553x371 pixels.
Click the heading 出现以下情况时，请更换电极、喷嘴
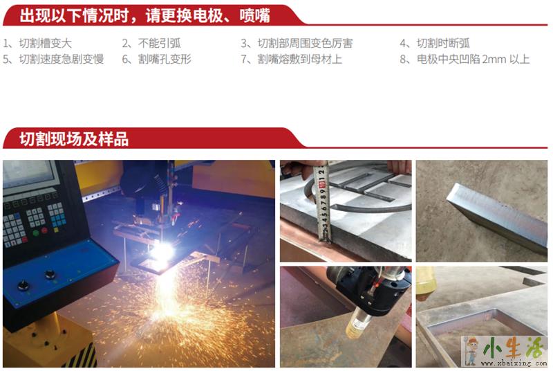(144, 16)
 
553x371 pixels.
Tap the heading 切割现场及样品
(74, 138)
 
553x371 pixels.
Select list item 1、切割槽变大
(37, 44)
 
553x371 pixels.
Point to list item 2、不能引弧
(151, 44)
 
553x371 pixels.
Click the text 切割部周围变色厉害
(305, 44)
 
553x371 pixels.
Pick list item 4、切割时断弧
(435, 44)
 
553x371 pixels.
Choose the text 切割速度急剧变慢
(62, 59)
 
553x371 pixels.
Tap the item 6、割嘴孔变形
(157, 59)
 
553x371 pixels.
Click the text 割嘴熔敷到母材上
(300, 59)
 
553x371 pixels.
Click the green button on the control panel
(36, 233)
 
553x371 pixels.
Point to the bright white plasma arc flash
(162, 252)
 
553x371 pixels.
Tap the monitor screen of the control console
(28, 174)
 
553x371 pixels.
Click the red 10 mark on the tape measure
(321, 184)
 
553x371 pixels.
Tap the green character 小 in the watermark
(493, 348)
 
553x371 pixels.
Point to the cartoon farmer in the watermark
(471, 350)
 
